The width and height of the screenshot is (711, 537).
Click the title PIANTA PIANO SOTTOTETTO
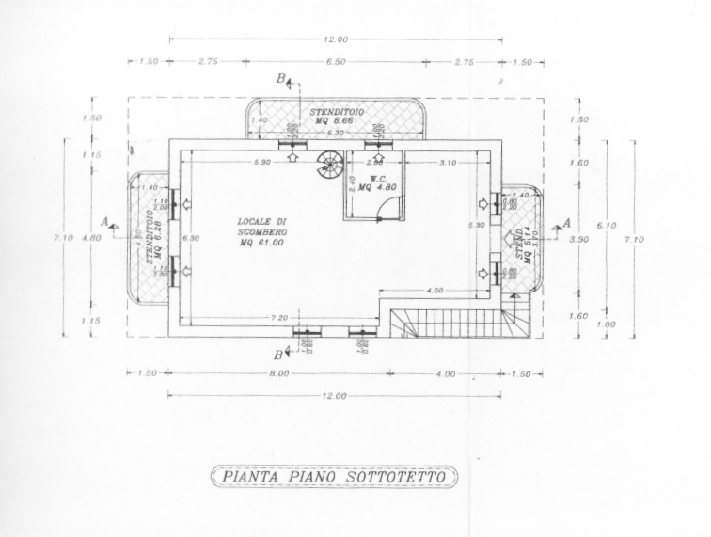click(334, 476)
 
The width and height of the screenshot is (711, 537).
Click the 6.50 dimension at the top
click(336, 62)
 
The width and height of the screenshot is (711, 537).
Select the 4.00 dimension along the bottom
click(445, 373)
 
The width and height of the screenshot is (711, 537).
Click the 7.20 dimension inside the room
click(278, 317)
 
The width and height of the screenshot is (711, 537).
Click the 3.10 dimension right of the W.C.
click(448, 163)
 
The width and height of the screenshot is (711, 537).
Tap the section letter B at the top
click(281, 80)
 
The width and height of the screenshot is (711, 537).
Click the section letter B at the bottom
click(278, 355)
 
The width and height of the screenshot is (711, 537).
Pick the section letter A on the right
click(566, 222)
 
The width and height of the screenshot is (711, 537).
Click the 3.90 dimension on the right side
click(579, 240)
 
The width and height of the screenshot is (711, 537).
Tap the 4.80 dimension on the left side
click(91, 239)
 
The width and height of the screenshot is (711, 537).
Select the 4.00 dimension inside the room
click(434, 291)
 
